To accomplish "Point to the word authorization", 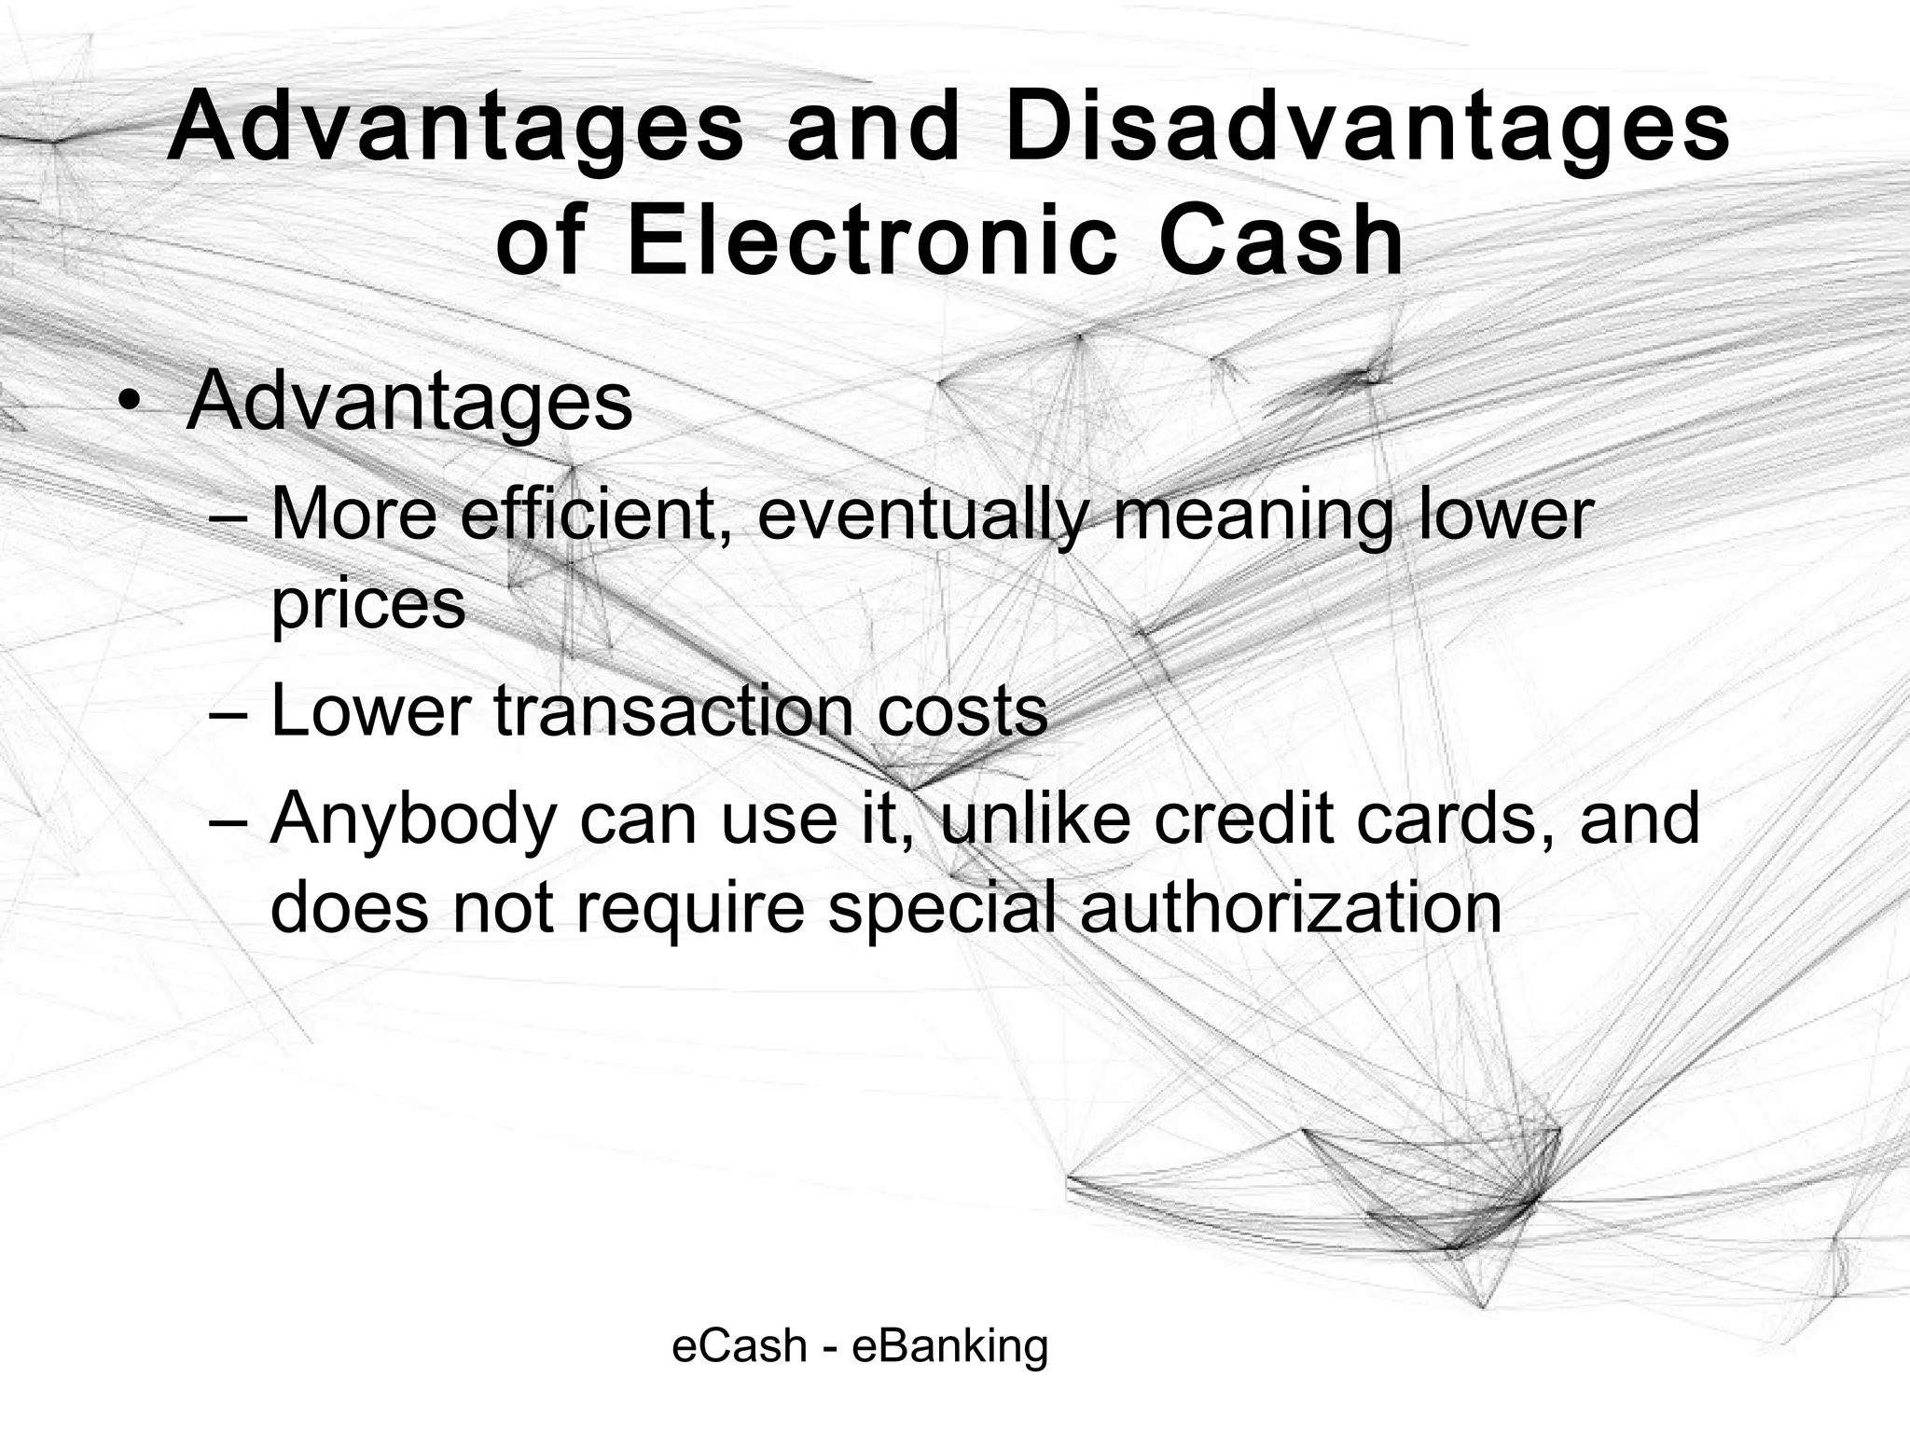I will coord(1291,907).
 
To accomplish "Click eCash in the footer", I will coord(739,1346).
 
